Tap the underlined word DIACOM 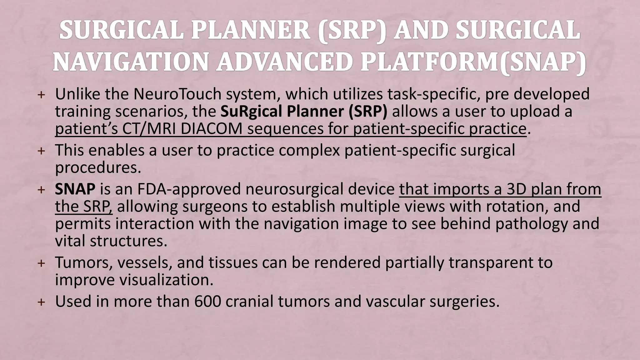(x=211, y=129)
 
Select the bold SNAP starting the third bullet (x=75, y=189)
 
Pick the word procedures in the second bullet (x=98, y=168)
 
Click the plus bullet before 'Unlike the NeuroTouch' (x=41, y=95)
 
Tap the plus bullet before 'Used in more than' (x=41, y=302)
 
